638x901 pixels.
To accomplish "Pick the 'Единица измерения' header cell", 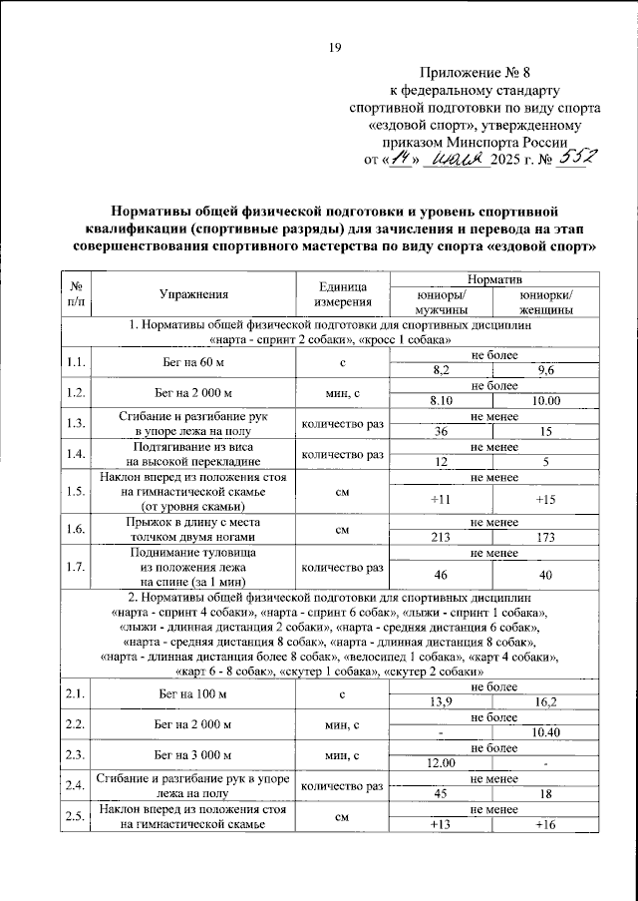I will click(342, 293).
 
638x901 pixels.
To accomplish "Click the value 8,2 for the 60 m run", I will click(439, 369).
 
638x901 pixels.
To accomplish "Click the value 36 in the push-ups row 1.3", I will click(439, 431).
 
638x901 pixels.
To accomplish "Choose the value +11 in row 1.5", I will click(439, 499).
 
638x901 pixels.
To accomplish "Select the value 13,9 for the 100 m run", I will click(439, 701).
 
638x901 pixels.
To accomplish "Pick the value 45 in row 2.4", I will click(439, 794).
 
